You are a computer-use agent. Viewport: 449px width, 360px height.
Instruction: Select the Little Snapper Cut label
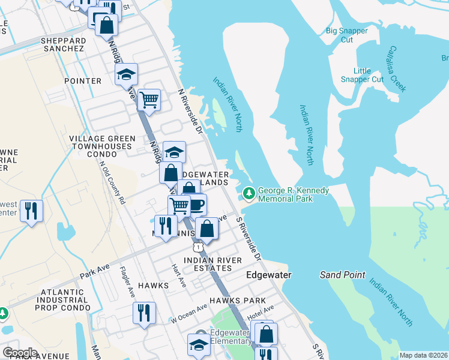(362, 75)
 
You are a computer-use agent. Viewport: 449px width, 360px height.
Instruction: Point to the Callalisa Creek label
(397, 68)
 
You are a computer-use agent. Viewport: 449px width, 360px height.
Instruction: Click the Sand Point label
(342, 275)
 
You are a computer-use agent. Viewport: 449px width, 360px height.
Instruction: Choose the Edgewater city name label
(269, 275)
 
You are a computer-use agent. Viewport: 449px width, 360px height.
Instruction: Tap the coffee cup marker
(196, 205)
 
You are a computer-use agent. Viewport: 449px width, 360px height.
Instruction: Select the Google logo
(20, 352)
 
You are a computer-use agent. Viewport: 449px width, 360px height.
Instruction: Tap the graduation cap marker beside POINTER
(127, 74)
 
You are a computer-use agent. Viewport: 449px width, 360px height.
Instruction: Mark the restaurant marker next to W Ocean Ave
(144, 312)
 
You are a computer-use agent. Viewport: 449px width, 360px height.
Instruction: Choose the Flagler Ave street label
(127, 282)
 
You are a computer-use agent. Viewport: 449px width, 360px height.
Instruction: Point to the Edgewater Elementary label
(231, 337)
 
